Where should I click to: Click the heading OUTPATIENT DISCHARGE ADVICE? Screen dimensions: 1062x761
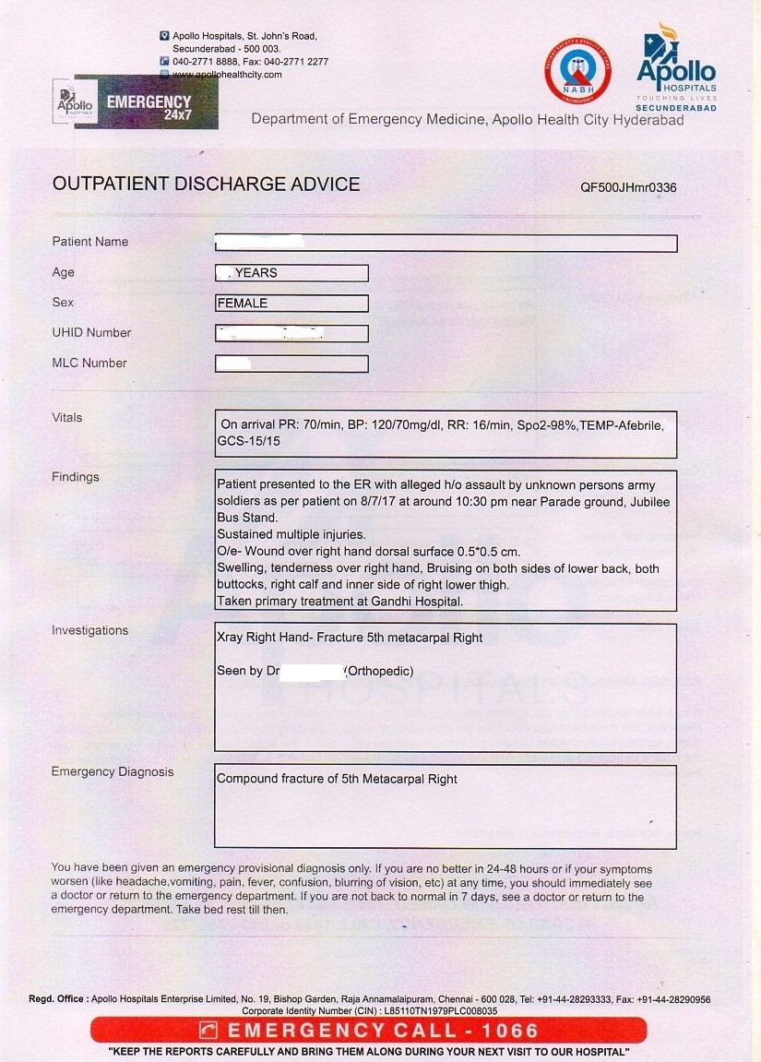(206, 184)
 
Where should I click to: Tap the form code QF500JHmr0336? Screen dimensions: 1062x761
(628, 187)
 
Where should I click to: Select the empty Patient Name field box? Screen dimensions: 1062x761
(446, 244)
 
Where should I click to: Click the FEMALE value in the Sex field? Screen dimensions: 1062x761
(243, 303)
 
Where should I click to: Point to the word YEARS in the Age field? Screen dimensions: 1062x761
(256, 273)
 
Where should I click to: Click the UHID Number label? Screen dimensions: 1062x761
(91, 332)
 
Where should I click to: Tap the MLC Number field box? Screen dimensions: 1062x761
(291, 364)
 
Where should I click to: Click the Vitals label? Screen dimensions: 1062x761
(67, 417)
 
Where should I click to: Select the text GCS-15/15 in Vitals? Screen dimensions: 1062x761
(248, 441)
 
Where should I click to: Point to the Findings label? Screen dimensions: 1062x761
(76, 477)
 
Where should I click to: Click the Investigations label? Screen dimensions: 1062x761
(89, 630)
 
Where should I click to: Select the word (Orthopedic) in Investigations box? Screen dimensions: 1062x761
(378, 671)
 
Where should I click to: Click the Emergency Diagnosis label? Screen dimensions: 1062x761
(113, 771)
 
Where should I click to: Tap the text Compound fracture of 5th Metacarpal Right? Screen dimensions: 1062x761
(337, 779)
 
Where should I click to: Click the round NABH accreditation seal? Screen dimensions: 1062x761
(577, 70)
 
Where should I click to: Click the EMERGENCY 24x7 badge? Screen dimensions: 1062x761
(148, 101)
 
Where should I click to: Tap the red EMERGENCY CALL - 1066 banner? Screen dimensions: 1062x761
(369, 1030)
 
